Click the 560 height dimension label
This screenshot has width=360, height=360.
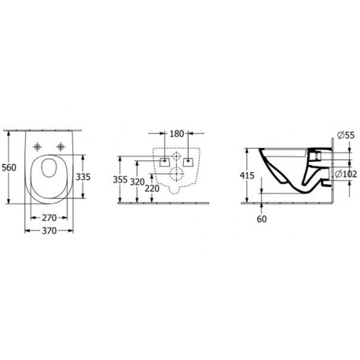(9, 167)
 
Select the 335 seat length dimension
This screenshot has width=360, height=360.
(83, 177)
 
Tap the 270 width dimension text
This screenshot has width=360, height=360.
(49, 218)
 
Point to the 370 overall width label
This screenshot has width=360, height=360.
(49, 231)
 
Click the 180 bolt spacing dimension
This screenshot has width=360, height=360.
(177, 134)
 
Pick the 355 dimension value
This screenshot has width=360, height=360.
(120, 180)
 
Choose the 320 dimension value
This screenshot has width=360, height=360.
(138, 182)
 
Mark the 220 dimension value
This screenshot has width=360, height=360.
(152, 188)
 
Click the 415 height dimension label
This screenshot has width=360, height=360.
(247, 175)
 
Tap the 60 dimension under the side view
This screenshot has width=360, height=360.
(262, 219)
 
